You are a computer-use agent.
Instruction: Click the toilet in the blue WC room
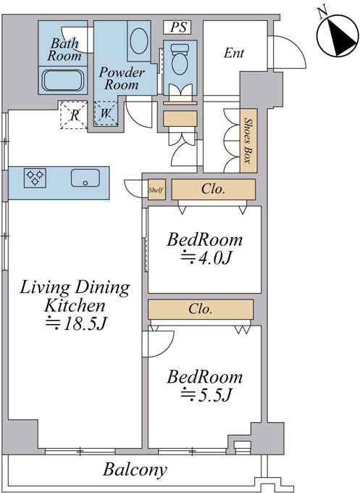click(180, 59)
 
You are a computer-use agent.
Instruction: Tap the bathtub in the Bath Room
click(63, 80)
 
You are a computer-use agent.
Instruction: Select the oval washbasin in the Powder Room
click(138, 41)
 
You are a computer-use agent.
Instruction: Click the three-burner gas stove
click(35, 178)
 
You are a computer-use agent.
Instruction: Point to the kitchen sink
click(85, 178)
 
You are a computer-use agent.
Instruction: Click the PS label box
click(177, 27)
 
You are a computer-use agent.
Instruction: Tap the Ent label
click(234, 53)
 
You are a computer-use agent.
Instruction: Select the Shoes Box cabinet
click(248, 141)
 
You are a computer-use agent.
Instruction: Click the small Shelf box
click(156, 190)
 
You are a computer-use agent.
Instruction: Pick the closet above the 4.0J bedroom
click(213, 189)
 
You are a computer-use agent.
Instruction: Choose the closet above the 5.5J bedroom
click(201, 310)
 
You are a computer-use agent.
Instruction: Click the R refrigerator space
click(73, 115)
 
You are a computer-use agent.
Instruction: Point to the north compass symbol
click(338, 36)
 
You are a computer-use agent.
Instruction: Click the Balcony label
click(135, 470)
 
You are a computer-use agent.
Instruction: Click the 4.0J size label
click(206, 258)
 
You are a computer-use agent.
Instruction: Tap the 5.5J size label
click(206, 395)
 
